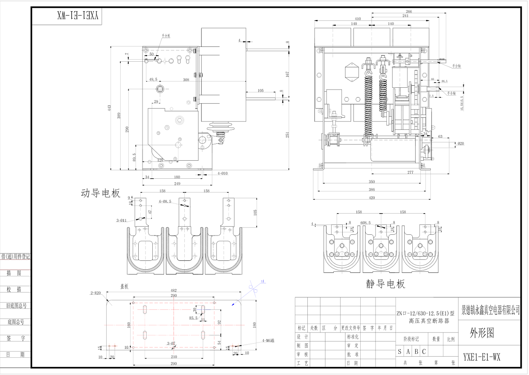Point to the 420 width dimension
point(372,198)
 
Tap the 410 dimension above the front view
point(357,19)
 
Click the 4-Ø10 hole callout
point(222,173)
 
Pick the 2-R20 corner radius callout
point(95,293)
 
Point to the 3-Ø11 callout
point(121,220)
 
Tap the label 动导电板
point(101,194)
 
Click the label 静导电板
point(386,284)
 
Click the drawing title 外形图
point(482,333)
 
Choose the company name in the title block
point(491,309)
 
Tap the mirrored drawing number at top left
point(78,16)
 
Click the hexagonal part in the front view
point(351,73)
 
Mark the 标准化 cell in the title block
point(353,337)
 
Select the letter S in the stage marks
point(400,352)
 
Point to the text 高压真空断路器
point(429,321)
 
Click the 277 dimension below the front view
point(410,172)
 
